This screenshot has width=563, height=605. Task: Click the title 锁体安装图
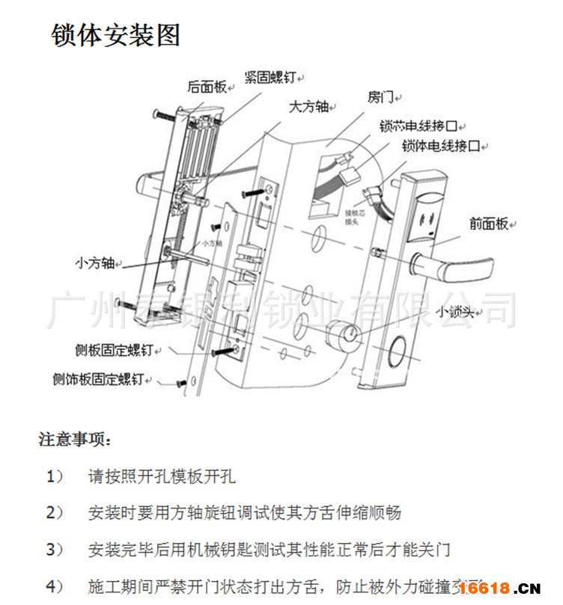point(115,35)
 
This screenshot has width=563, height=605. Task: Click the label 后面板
point(206,87)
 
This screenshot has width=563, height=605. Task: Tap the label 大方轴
point(308,107)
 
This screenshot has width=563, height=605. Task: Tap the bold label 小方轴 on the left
point(94,262)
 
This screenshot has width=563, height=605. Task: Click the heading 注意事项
point(74,438)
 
